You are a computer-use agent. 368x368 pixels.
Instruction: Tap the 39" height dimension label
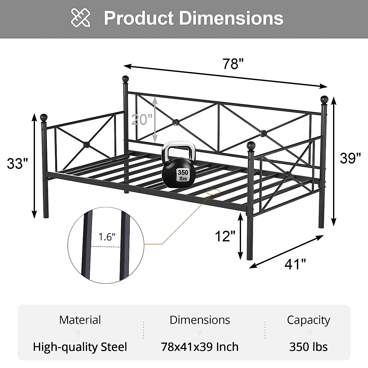350,158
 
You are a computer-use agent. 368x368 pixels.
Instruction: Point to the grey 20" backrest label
141,119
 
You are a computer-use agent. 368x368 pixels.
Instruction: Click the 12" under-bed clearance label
225,236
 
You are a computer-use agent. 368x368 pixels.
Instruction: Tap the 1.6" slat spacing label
107,237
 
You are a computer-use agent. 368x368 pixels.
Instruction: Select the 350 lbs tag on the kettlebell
183,175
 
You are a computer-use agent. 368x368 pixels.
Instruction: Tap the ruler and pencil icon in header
81,18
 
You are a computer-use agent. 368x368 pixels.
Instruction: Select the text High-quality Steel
80,347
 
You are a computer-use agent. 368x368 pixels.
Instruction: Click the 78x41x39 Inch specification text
200,347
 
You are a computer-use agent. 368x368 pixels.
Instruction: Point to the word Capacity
308,320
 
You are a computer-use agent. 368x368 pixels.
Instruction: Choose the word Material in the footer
80,320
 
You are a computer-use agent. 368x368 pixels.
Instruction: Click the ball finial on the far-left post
44,117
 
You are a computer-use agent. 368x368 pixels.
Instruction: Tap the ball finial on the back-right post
324,100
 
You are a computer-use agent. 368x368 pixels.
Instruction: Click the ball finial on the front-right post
251,145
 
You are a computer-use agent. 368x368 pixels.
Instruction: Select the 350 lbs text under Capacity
308,347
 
